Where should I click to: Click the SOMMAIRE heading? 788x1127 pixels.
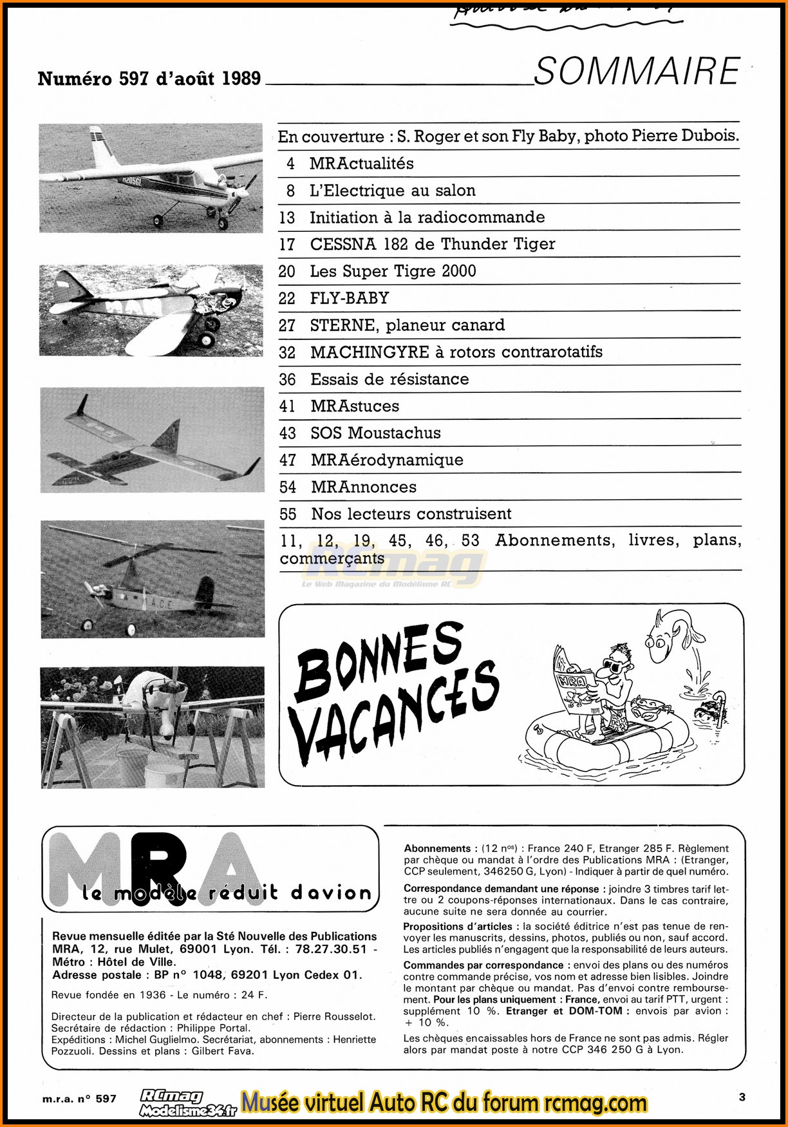[637, 71]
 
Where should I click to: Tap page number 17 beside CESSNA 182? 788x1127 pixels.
[287, 245]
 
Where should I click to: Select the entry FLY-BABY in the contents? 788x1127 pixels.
[350, 298]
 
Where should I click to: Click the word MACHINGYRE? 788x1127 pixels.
[370, 352]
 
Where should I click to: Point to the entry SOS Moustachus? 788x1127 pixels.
[375, 433]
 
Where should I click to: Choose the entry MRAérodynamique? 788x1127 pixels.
[387, 460]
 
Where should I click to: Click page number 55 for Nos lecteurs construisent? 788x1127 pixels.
[288, 514]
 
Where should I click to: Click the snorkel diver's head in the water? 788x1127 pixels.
[707, 713]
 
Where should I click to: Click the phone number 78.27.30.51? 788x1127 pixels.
[331, 949]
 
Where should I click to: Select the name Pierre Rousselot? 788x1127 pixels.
[333, 1016]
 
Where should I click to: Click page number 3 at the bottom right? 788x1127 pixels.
[742, 1097]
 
